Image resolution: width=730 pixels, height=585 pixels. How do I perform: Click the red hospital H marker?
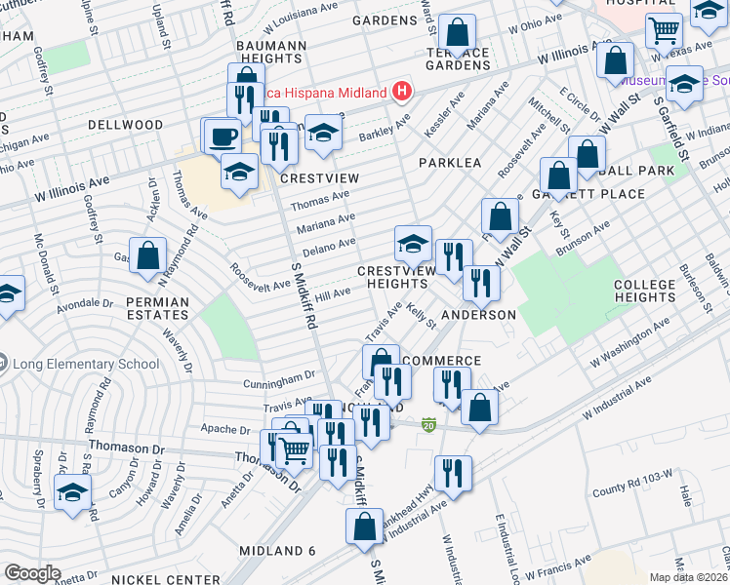point(400,92)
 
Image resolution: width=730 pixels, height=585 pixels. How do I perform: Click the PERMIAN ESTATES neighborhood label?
point(157,309)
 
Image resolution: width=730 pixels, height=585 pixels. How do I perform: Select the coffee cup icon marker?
point(222,135)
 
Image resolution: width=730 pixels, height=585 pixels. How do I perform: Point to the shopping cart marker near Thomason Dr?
point(294,449)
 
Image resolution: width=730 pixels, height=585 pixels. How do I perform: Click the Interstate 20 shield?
point(427,424)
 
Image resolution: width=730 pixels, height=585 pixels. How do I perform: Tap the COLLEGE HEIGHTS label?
point(644,292)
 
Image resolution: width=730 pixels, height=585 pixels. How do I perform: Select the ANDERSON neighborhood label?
point(478,315)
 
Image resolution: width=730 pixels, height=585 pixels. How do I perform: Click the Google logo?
point(32,572)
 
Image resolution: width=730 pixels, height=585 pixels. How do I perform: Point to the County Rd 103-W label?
point(632,475)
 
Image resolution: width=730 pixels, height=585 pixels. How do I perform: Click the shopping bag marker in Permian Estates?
point(147,256)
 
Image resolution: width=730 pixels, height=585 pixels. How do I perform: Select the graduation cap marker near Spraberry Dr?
point(73,492)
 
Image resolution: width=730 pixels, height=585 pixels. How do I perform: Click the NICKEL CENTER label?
point(155,579)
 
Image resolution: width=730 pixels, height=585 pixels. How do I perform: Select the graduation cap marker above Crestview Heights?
point(414,243)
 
